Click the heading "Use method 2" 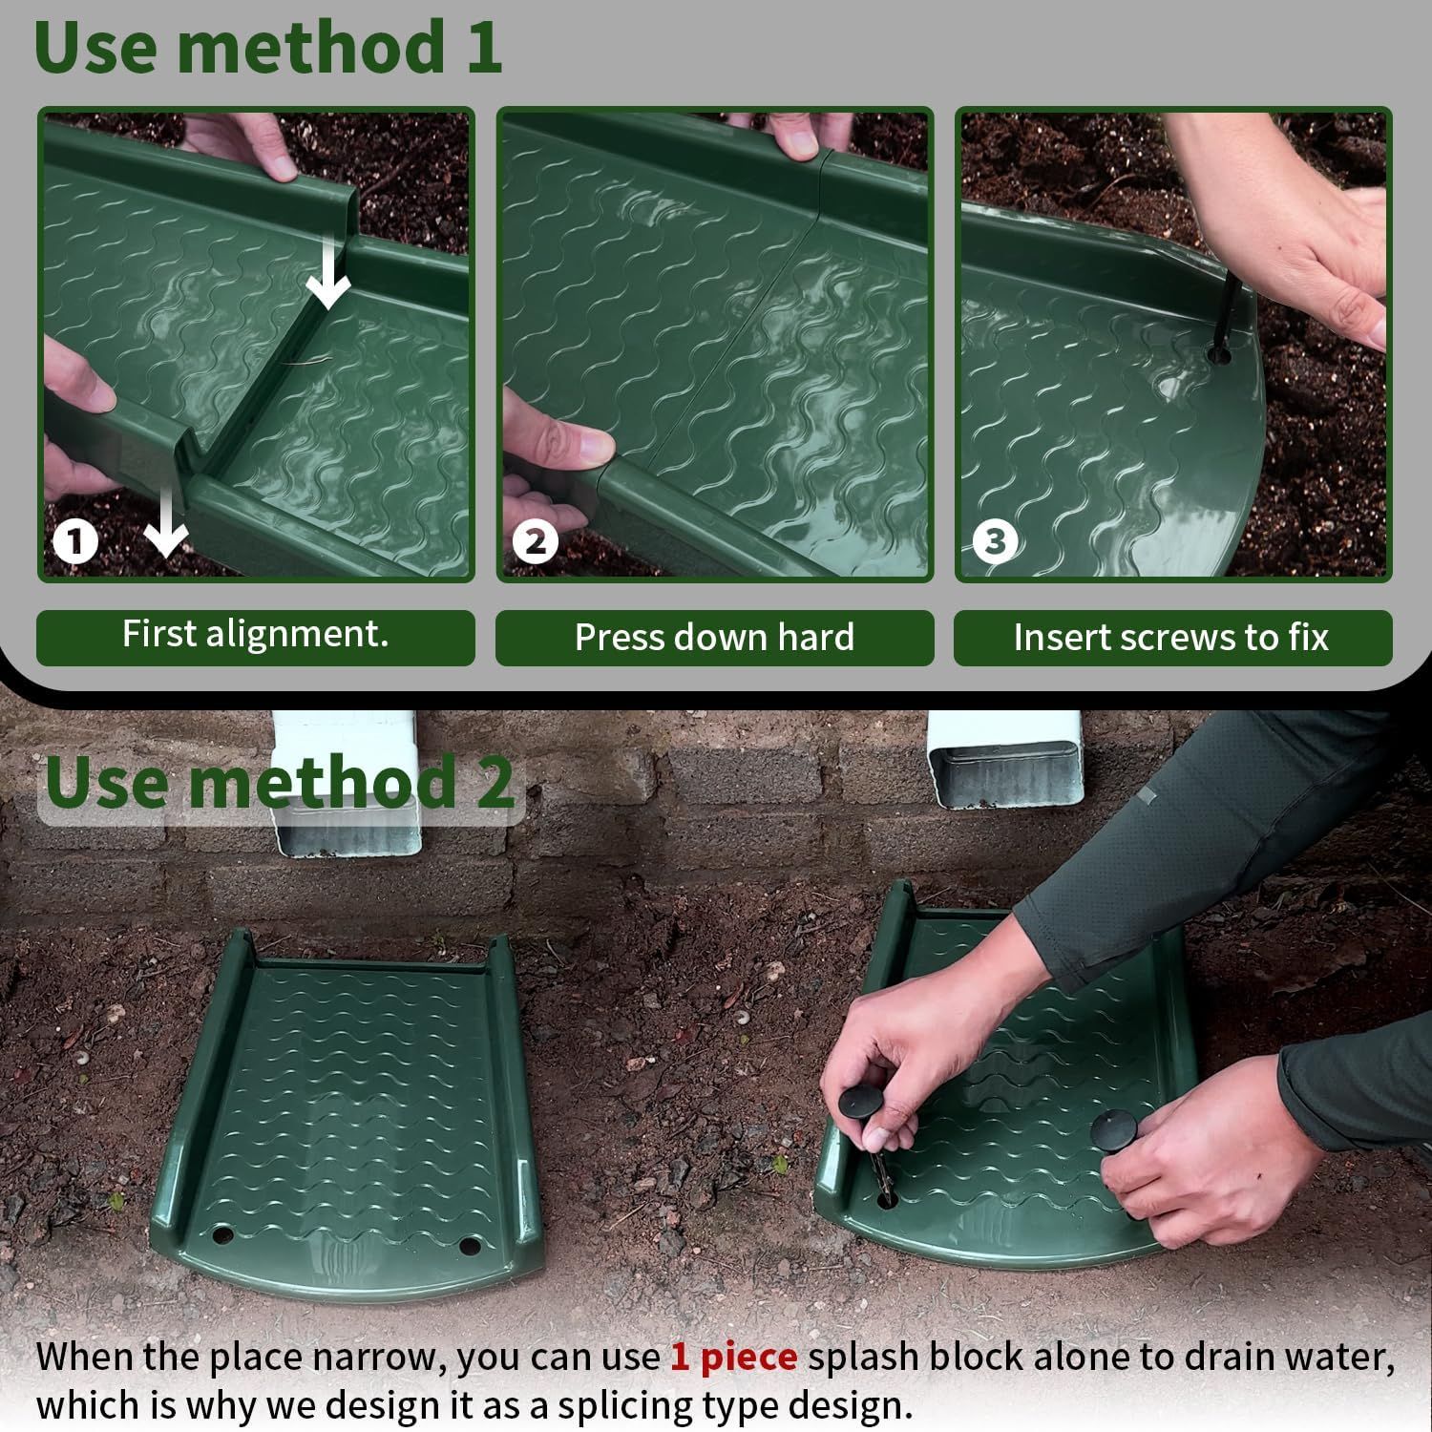pyautogui.click(x=280, y=782)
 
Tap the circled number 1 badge pyautogui.click(x=75, y=542)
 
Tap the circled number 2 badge pyautogui.click(x=535, y=542)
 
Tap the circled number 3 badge pyautogui.click(x=995, y=542)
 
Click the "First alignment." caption pyautogui.click(x=255, y=634)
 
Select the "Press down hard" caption pyautogui.click(x=714, y=637)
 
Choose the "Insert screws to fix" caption pyautogui.click(x=1171, y=637)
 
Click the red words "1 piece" pyautogui.click(x=733, y=1357)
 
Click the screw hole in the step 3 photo pyautogui.click(x=1219, y=356)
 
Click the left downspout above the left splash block pyautogui.click(x=348, y=783)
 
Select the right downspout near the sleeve pyautogui.click(x=1004, y=760)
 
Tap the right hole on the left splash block pyautogui.click(x=469, y=1246)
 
